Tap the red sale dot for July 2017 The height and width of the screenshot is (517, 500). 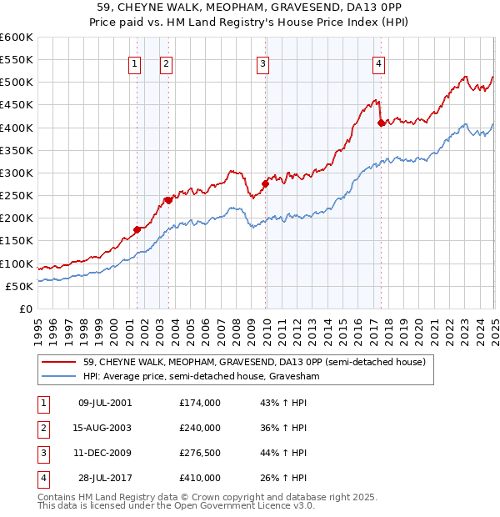click(381, 123)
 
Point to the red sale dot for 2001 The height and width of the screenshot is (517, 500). click(137, 229)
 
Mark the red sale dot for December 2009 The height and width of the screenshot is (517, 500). click(266, 183)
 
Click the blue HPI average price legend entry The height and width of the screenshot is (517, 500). click(201, 377)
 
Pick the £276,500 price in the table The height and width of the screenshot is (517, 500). click(200, 453)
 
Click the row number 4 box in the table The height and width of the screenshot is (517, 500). click(41, 478)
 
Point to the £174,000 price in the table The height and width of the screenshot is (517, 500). click(200, 403)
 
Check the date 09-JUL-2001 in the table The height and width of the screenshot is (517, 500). click(105, 403)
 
